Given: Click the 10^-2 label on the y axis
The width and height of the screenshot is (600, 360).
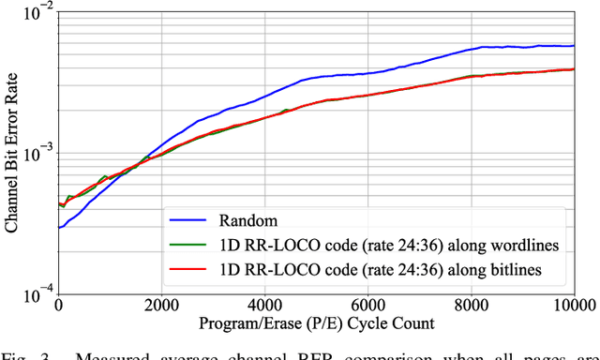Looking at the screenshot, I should click(37, 12).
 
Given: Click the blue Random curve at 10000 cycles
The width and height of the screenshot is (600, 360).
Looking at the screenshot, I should click(574, 45).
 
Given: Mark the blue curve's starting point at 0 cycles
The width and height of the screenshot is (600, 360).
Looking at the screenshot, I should click(58, 227).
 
